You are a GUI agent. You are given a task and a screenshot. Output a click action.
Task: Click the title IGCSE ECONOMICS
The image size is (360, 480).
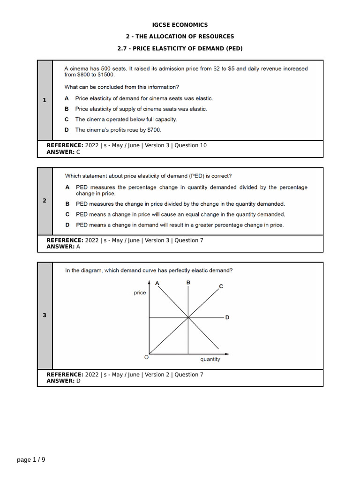180,25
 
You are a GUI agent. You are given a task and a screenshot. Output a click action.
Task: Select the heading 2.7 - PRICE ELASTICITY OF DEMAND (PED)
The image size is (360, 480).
180,48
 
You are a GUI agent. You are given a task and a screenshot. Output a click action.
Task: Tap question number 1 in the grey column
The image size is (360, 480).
45,100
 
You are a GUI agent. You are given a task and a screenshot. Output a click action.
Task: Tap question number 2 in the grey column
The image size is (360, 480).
45,201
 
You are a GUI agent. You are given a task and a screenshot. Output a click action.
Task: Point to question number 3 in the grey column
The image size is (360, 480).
45,315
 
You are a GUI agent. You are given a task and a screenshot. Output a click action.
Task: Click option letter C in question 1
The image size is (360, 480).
67,120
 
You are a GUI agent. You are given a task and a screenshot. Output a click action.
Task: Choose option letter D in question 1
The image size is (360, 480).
67,130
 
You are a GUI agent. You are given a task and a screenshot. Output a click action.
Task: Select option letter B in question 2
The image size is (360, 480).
67,204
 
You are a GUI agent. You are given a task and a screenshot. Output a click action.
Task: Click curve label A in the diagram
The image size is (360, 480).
157,283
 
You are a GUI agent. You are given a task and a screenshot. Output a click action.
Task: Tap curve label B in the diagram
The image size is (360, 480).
188,282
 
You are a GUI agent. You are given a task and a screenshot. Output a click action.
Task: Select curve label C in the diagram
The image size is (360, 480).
221,286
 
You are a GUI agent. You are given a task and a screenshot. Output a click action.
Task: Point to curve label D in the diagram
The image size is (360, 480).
227,317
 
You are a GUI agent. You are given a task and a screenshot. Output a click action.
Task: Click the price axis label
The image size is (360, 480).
140,293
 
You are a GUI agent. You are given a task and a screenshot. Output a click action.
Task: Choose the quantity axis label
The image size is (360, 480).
210,360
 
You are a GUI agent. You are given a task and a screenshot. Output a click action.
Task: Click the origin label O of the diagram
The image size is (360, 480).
146,357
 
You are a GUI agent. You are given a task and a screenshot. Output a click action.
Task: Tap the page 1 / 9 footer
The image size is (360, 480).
31,460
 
